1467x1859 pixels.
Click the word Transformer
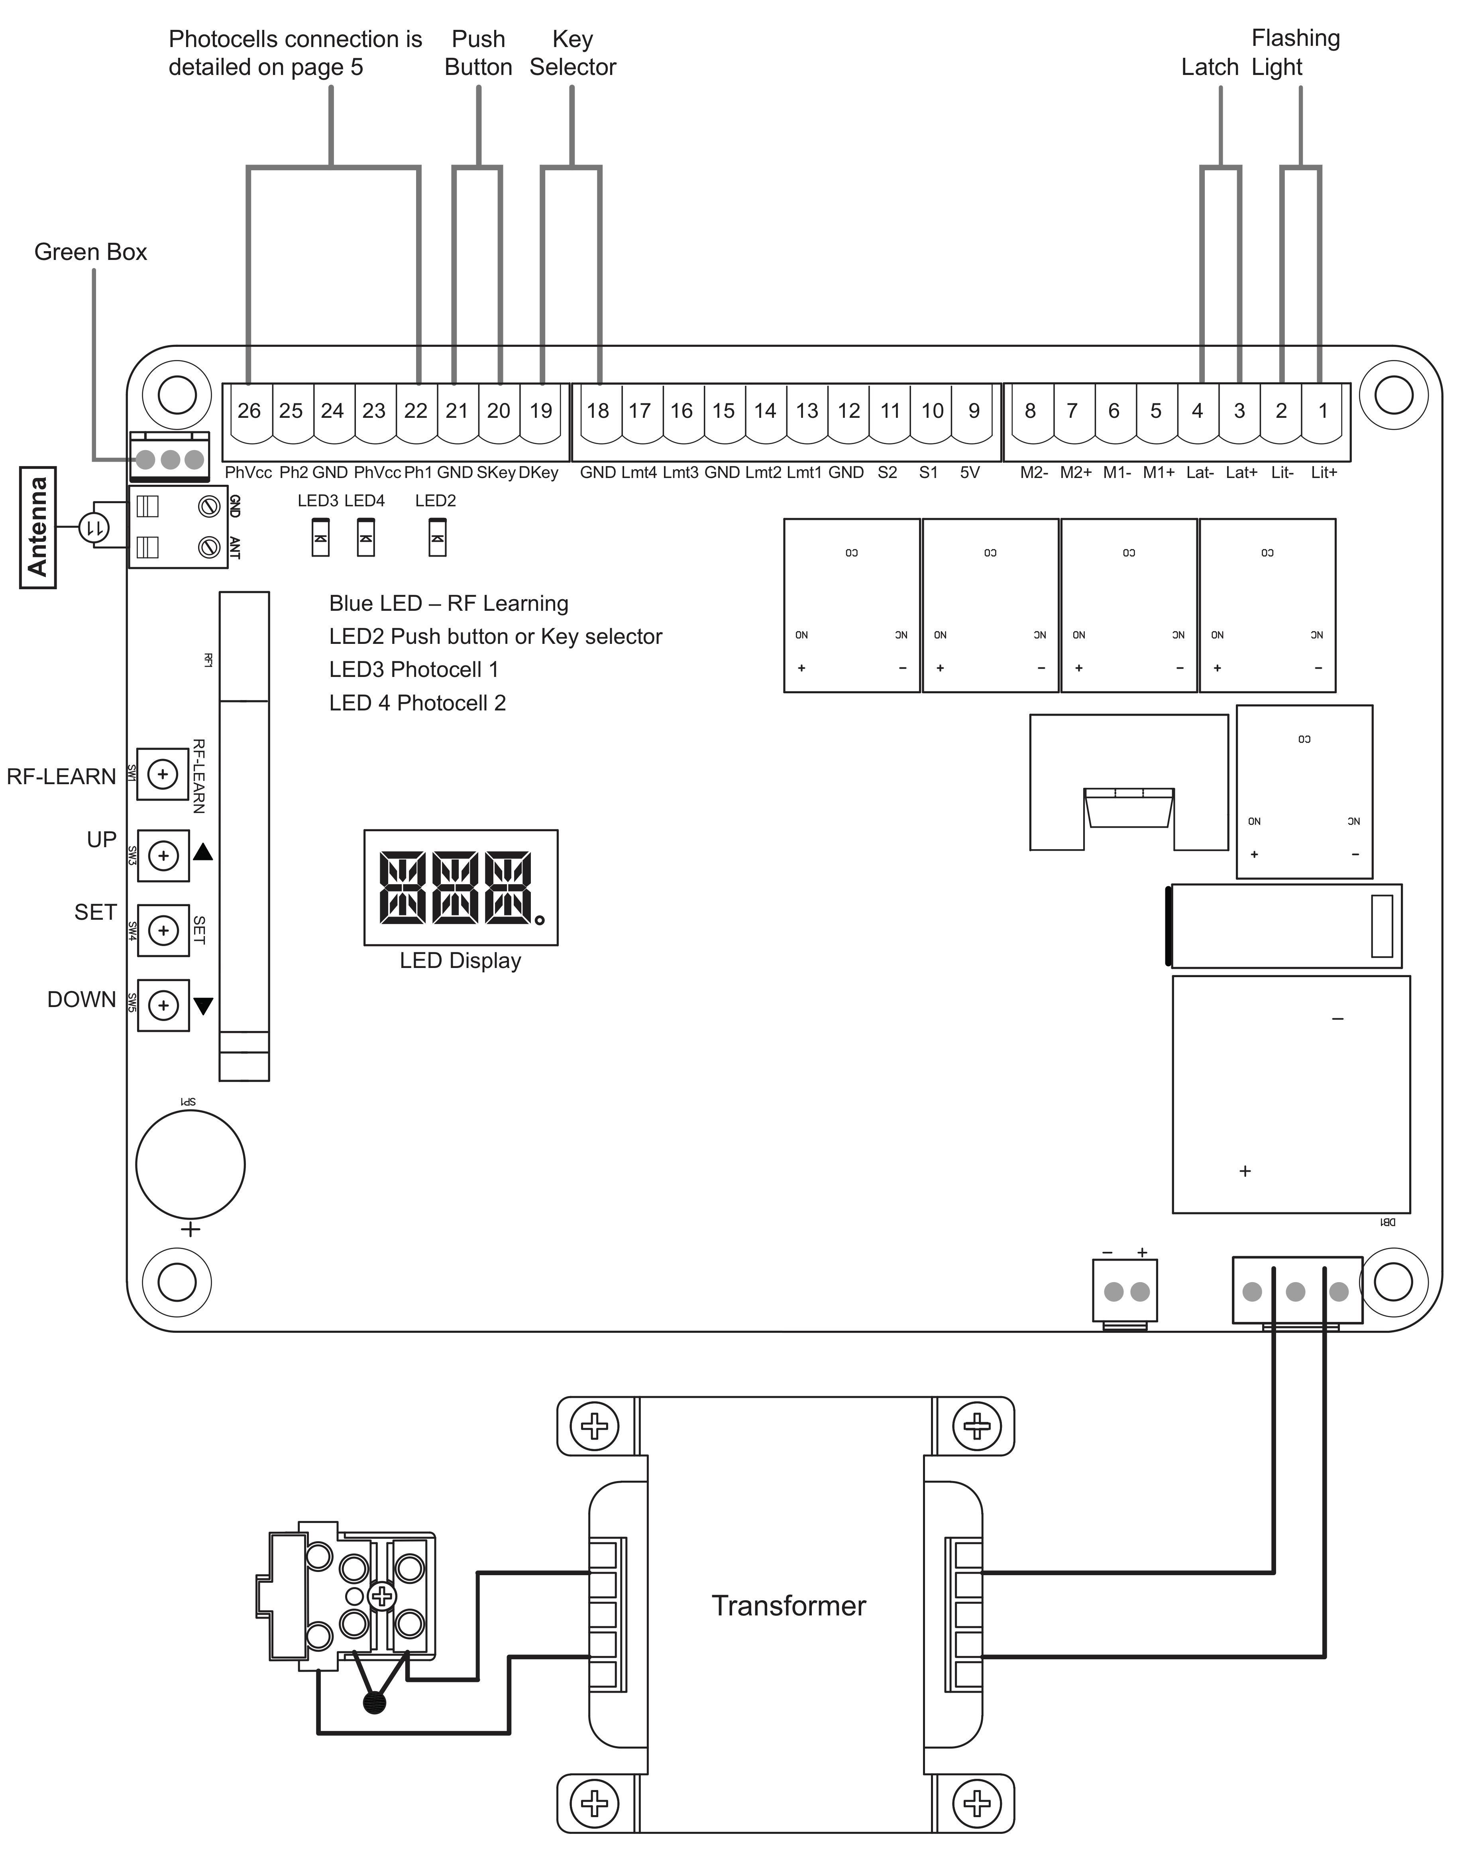tap(788, 1605)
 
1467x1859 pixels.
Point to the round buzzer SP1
tap(190, 1165)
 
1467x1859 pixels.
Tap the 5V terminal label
tap(970, 472)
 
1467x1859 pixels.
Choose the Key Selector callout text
tap(573, 52)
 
